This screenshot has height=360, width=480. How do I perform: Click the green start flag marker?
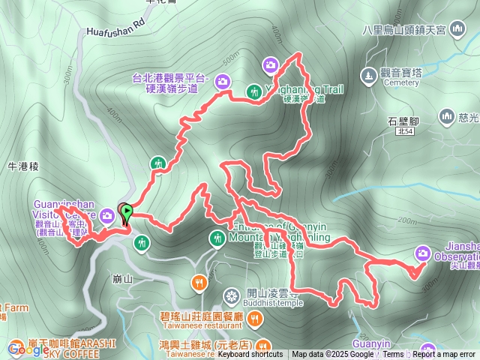coord(127,212)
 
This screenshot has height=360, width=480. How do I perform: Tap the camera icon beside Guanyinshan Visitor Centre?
coord(106,216)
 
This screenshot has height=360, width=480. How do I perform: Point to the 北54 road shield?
coord(405,131)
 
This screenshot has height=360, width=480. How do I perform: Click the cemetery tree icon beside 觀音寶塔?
coord(367,76)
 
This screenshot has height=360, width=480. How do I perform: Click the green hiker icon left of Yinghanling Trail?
coord(255,91)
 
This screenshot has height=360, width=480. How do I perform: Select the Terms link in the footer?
coord(393,355)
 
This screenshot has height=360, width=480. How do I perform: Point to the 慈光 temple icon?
coord(448,116)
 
